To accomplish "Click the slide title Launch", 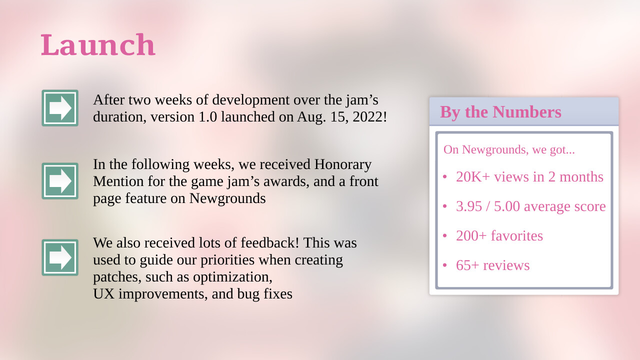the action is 98,45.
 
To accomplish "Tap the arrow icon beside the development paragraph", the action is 60,108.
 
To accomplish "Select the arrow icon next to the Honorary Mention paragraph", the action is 60,181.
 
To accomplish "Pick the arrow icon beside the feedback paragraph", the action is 60,257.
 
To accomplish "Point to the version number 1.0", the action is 207,117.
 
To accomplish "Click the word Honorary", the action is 343,164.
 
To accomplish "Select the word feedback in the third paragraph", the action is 269,243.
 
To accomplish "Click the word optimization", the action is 232,277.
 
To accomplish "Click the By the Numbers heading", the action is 500,111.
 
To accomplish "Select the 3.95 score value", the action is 469,206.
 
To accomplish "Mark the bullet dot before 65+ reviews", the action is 444,265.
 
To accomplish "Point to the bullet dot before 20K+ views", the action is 444,177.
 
